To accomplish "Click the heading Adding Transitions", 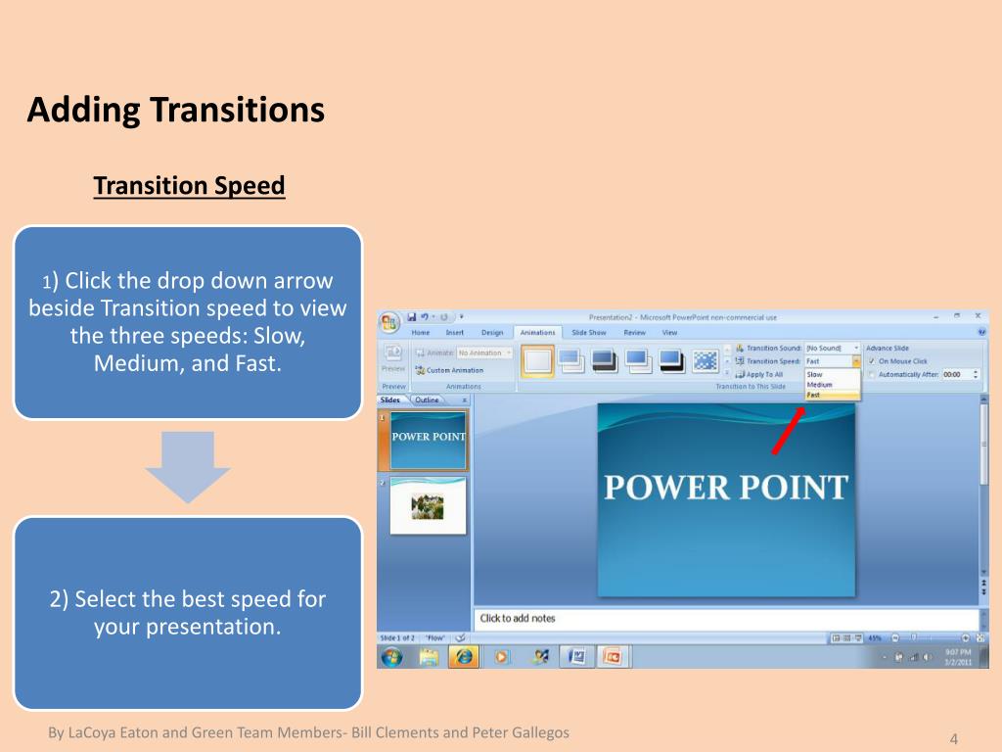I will pos(175,110).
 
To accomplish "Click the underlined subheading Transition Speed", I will pos(189,186).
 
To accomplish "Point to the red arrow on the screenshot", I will pos(788,432).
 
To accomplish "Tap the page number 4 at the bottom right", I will pos(953,738).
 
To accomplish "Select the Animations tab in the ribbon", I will pos(537,333).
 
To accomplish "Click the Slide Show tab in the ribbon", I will pos(589,333).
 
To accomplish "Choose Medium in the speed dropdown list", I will pos(819,385).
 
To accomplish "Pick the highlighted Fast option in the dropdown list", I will pos(814,395).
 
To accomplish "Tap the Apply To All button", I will pos(763,374).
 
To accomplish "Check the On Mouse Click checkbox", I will pos(871,361).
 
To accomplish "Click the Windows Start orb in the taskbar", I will pos(391,656).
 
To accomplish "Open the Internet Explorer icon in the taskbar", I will pos(464,656).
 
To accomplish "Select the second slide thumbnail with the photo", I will pos(428,506).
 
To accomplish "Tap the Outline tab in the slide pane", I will pos(427,400).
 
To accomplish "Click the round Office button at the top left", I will pos(389,323).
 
